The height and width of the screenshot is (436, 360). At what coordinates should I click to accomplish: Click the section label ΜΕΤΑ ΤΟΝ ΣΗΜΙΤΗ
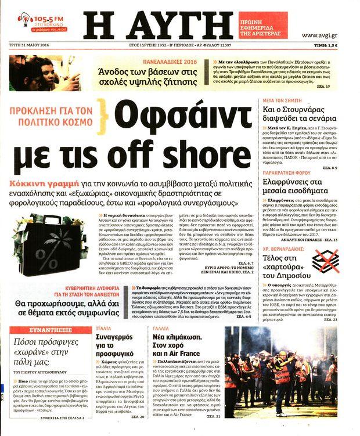click(x=281, y=100)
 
